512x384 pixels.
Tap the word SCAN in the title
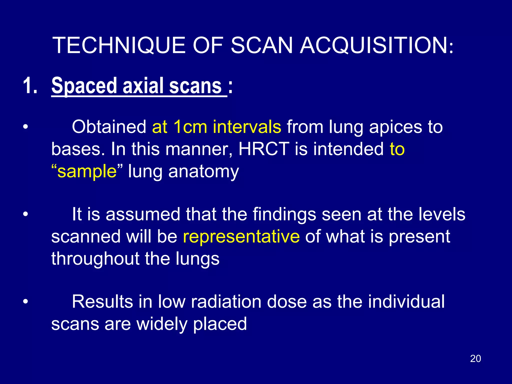[x=261, y=45]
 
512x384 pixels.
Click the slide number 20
[x=475, y=358]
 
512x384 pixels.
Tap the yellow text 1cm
[x=190, y=127]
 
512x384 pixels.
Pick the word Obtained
[x=109, y=127]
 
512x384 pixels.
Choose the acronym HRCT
[x=264, y=149]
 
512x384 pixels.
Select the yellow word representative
[x=241, y=236]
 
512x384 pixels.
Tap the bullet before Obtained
[x=25, y=127]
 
